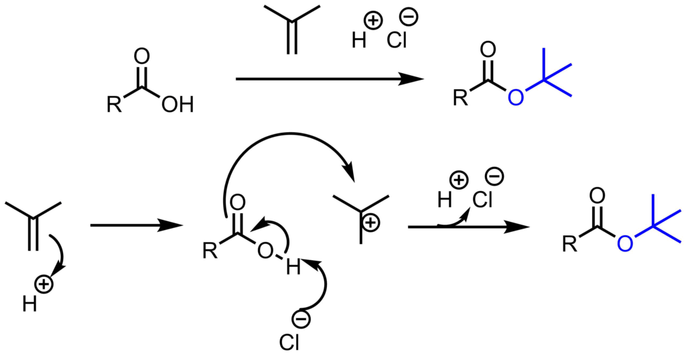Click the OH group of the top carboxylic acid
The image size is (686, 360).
tap(177, 105)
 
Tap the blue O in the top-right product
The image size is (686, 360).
tap(514, 98)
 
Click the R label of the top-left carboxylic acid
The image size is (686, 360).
tap(113, 105)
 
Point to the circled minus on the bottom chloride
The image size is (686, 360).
tap(302, 320)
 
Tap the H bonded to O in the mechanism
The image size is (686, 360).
tap(292, 267)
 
